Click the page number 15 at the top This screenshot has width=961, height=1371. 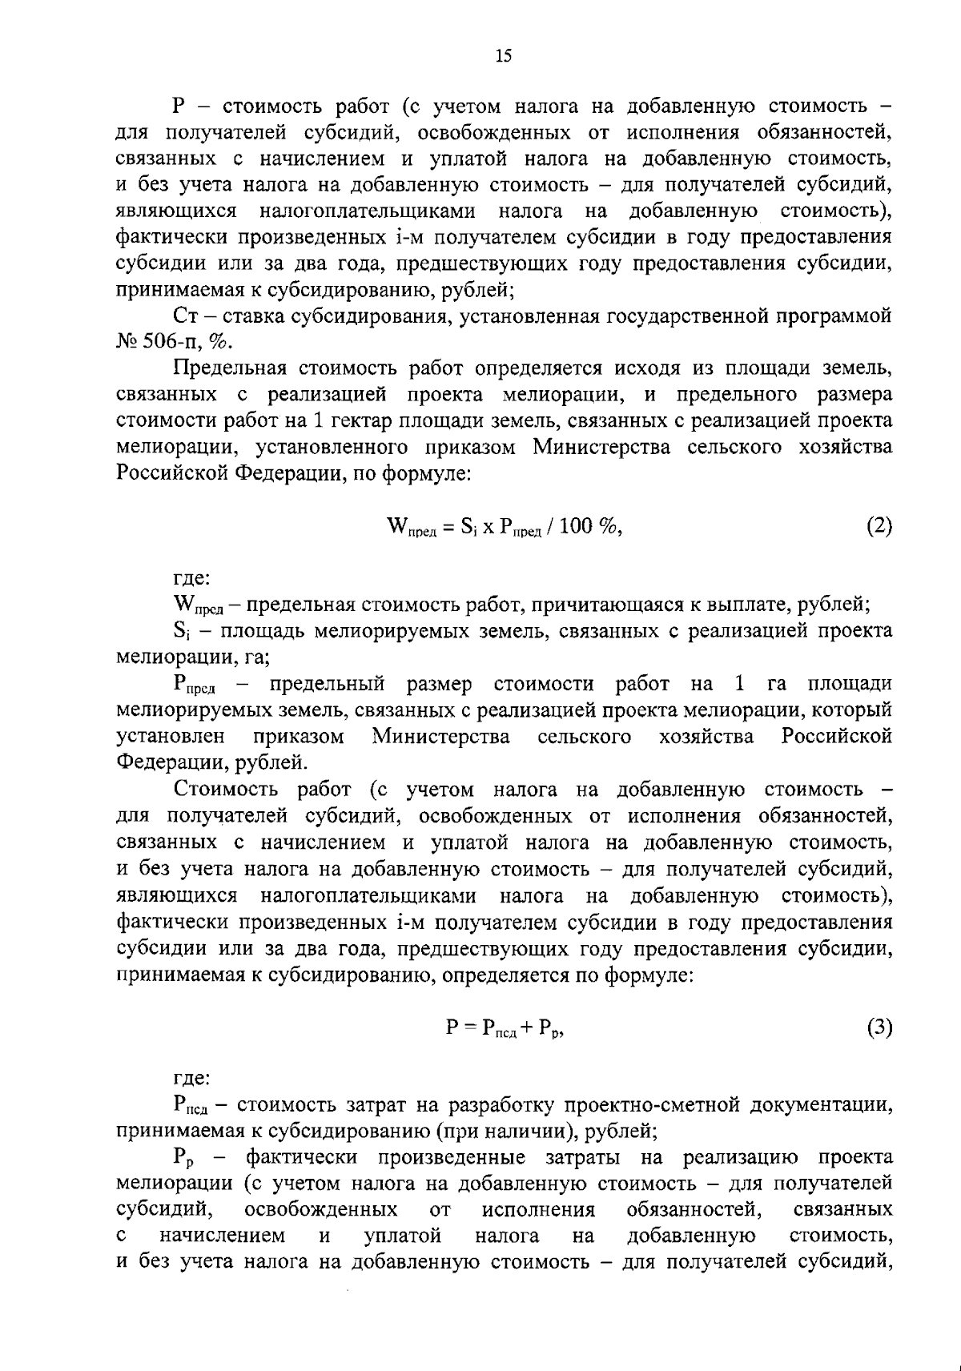point(504,55)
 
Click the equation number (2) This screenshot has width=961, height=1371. point(879,526)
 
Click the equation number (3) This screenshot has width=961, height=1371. point(879,1027)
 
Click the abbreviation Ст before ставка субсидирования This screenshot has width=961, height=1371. point(186,316)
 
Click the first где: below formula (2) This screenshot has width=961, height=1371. point(192,577)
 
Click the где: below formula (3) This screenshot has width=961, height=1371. point(192,1079)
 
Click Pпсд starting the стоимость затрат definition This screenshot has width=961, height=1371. point(190,1106)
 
